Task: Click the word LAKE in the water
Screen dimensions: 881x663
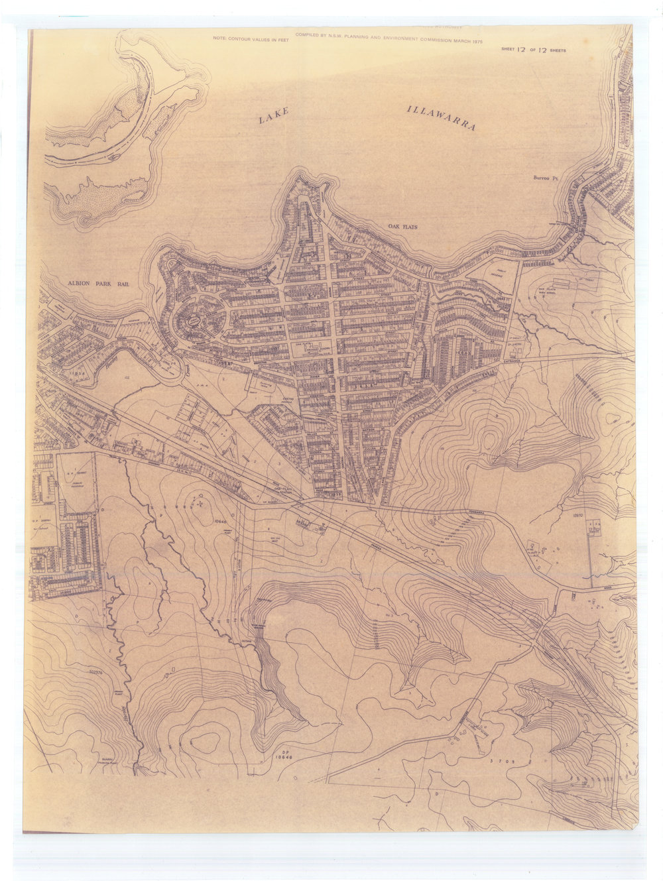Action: tap(274, 116)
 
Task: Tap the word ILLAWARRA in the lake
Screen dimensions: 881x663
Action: tap(442, 117)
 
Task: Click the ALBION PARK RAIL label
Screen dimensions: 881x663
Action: tap(98, 284)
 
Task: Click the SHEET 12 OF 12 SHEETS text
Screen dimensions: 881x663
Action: tap(534, 50)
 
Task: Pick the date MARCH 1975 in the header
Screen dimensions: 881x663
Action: tap(467, 40)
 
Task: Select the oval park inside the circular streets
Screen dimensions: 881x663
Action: tap(194, 321)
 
